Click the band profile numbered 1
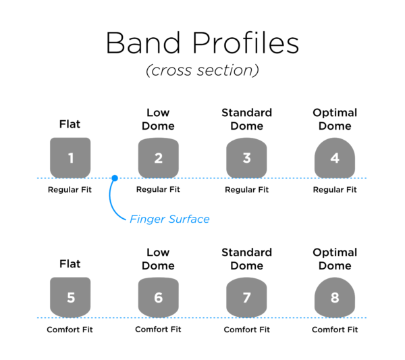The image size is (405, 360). [x=70, y=158]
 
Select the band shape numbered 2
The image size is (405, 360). [x=158, y=158]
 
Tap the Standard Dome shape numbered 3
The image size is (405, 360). [x=246, y=158]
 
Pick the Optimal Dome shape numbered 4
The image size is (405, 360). [x=335, y=158]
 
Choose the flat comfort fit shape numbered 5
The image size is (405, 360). [x=70, y=297]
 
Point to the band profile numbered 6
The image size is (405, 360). [x=158, y=297]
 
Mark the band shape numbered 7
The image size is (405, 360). [x=246, y=297]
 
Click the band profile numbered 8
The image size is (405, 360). [x=335, y=297]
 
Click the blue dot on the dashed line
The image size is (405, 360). [x=115, y=178]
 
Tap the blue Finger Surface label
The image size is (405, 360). [x=169, y=219]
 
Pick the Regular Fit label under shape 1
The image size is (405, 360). [x=70, y=190]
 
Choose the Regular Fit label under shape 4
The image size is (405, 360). [x=335, y=190]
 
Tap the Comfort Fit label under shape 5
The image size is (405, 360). [x=70, y=330]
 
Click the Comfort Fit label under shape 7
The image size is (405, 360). [x=246, y=330]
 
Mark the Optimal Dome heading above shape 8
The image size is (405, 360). [x=335, y=259]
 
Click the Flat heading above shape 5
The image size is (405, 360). [x=70, y=264]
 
